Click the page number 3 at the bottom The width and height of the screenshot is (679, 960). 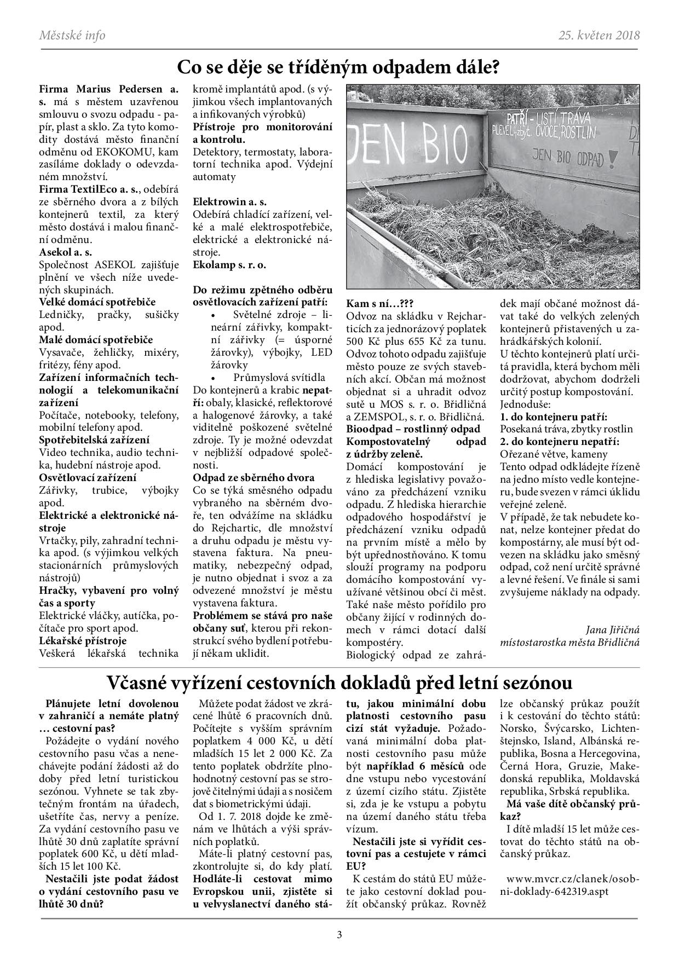(x=339, y=935)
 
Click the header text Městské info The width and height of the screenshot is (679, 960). (x=72, y=36)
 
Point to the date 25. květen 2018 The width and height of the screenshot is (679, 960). (x=599, y=36)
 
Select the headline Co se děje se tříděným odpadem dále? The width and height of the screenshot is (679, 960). (x=338, y=68)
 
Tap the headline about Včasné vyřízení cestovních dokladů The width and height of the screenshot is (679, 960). (x=339, y=683)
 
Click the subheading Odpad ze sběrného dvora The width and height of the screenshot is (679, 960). (x=254, y=477)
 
